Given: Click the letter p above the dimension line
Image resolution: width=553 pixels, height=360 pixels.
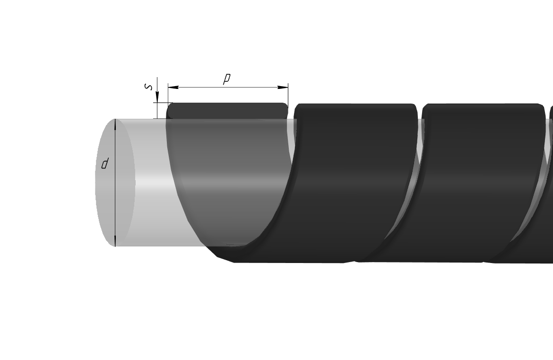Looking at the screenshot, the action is tap(227, 79).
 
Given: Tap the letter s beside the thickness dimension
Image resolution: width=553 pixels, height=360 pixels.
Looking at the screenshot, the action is tap(149, 87).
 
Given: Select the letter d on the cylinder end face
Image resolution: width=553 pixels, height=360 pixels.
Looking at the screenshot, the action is tap(104, 164).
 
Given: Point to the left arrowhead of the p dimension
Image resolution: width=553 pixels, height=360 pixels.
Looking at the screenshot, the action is tap(173, 87).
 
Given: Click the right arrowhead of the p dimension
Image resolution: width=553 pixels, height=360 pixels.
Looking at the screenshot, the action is tap(283, 87).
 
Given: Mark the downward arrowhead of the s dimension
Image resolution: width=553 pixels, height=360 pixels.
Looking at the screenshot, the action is tap(157, 97).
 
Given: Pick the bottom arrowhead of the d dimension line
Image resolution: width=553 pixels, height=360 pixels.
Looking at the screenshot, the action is tap(115, 241).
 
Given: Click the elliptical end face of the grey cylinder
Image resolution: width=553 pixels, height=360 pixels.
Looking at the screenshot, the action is tap(115, 183).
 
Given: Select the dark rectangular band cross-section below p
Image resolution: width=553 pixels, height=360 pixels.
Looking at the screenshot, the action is tap(227, 111).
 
